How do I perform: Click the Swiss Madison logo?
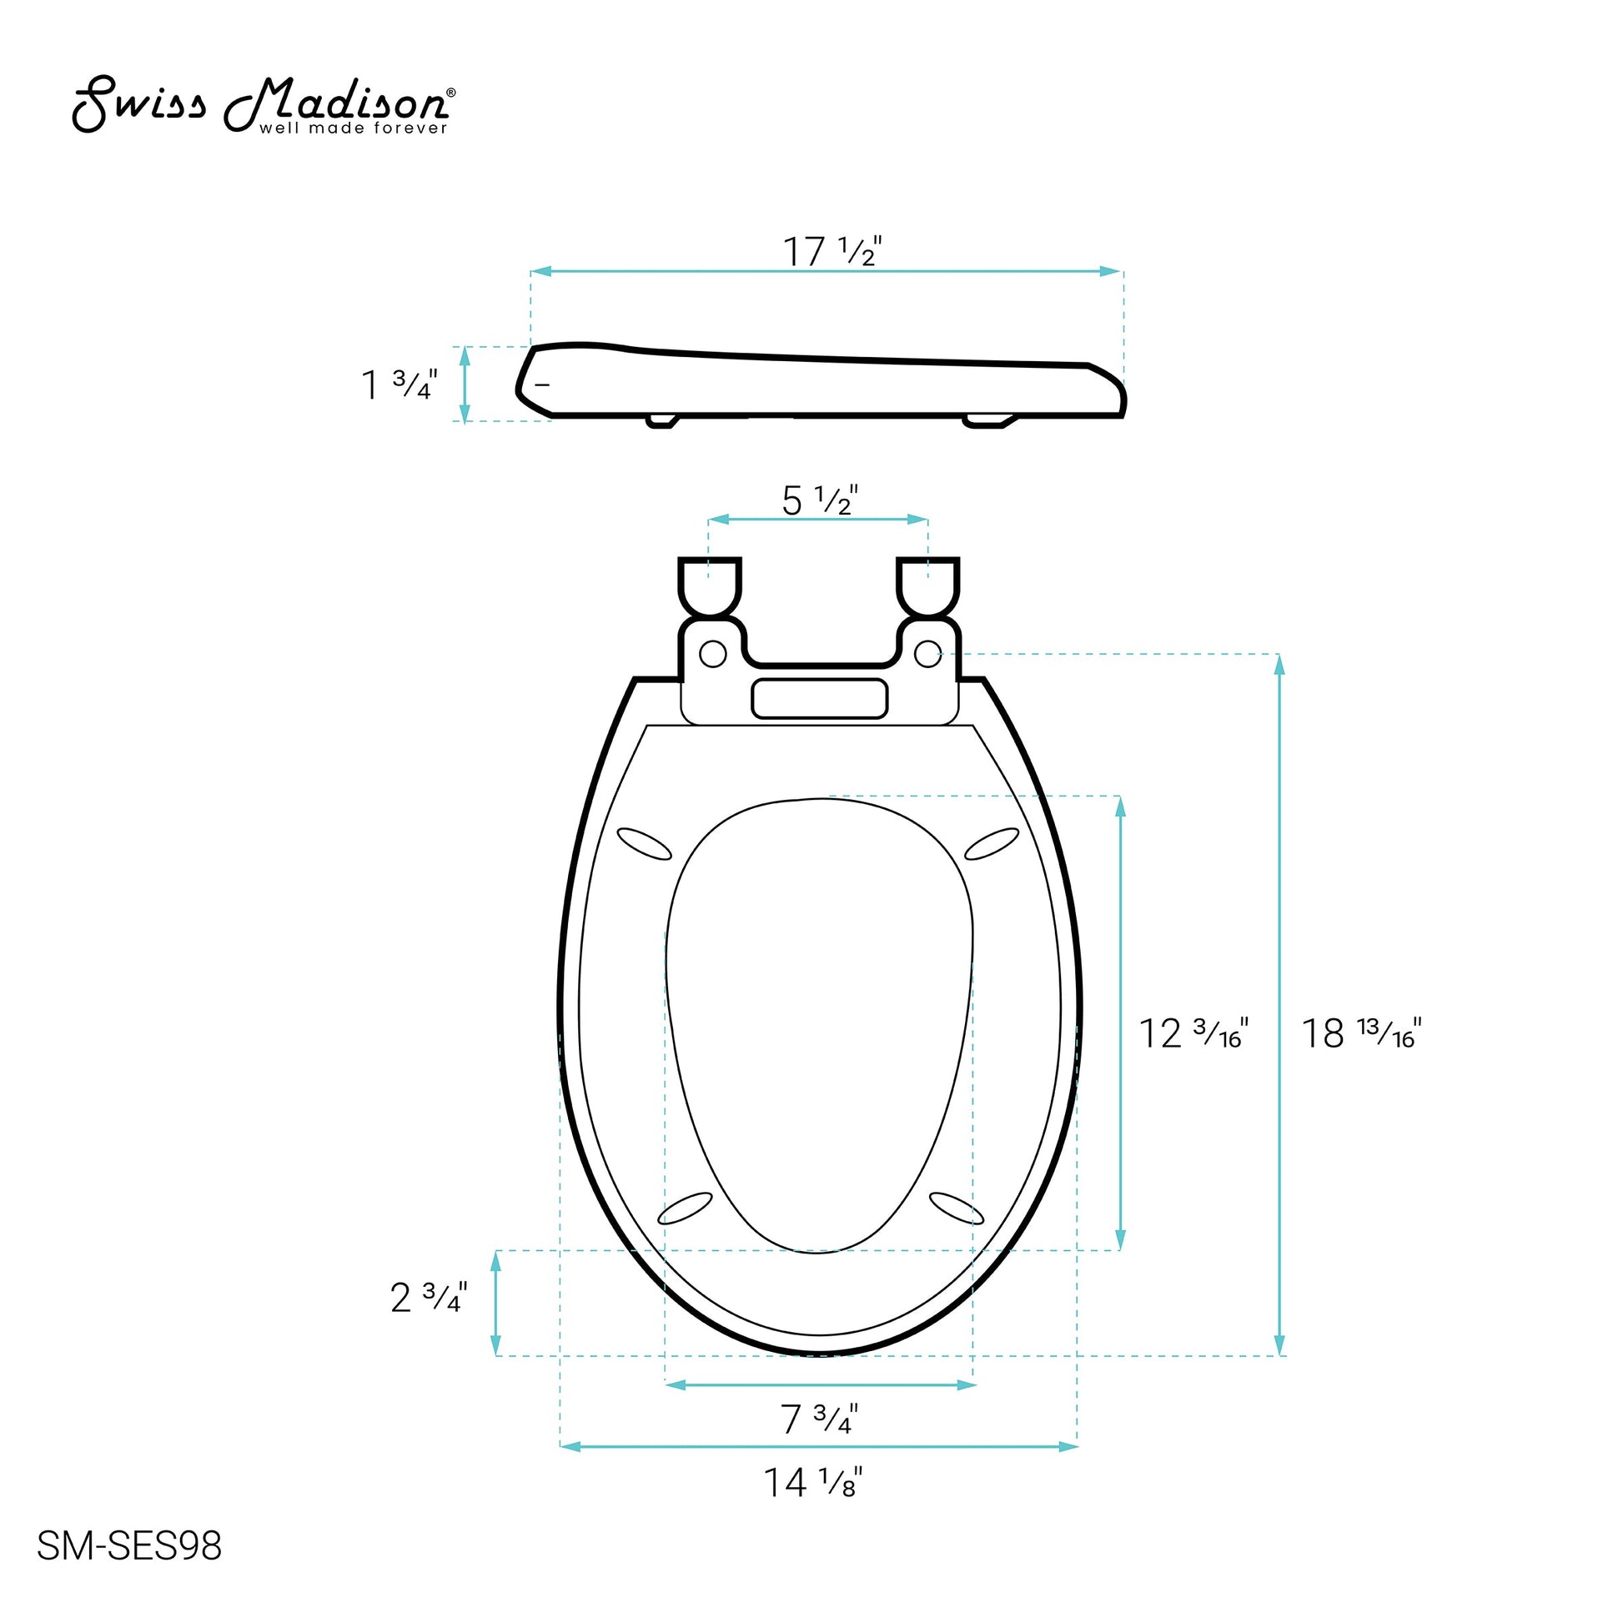[264, 106]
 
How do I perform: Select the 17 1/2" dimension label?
[832, 251]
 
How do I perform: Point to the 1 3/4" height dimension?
[399, 384]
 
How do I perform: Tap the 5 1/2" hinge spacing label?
[820, 500]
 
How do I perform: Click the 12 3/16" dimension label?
[1193, 1033]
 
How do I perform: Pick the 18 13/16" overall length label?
[1362, 1033]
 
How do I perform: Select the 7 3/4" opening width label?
[820, 1419]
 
